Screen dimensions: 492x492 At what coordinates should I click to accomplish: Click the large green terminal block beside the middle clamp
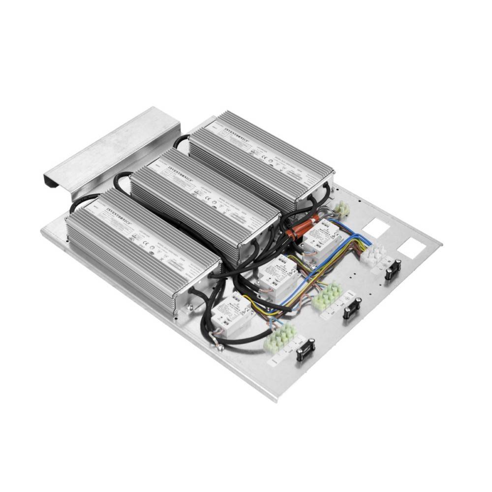tap(327, 296)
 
